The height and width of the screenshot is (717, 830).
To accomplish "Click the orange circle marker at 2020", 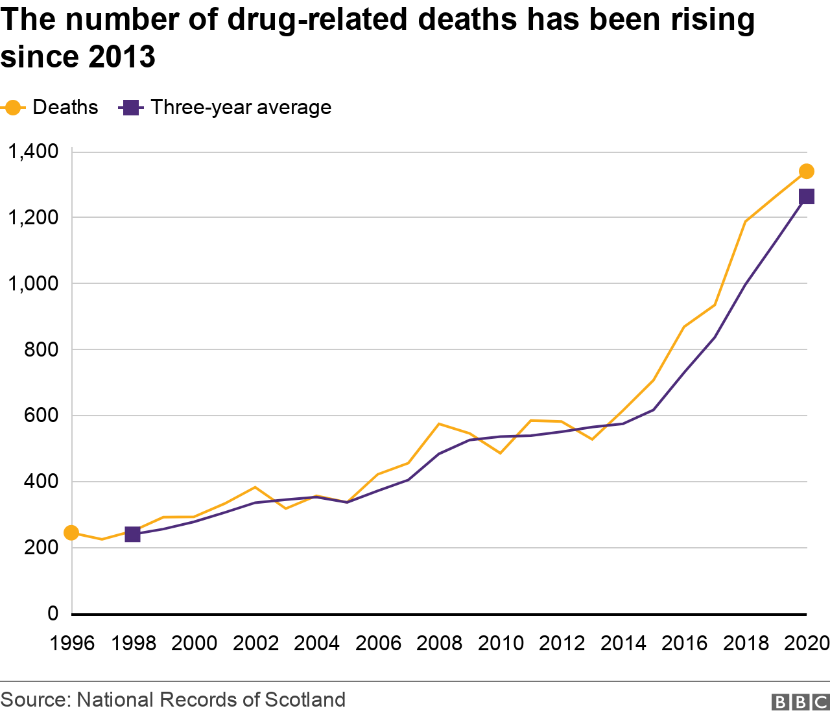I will click(x=807, y=171).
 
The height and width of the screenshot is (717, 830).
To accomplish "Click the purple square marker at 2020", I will click(x=807, y=196).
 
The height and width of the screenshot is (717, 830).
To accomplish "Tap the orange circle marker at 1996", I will click(x=71, y=533).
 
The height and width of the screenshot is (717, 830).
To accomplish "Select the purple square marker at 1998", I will click(x=132, y=534).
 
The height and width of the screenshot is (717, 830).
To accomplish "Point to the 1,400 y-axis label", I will click(x=32, y=152).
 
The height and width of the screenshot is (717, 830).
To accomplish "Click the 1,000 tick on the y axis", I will click(x=32, y=283).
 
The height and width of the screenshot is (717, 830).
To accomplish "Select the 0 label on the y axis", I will click(x=53, y=613).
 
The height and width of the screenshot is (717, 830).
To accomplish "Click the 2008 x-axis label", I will click(x=439, y=643).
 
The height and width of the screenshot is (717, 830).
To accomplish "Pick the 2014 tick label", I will click(x=623, y=643).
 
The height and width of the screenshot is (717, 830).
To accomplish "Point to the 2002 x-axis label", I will click(x=255, y=643).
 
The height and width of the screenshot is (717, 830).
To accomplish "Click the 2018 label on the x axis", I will click(x=746, y=643).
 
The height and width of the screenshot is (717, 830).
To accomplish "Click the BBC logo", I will click(x=800, y=702).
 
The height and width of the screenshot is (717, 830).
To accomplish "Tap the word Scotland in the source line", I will click(x=305, y=699).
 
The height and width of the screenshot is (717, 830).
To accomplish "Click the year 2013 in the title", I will click(x=122, y=57).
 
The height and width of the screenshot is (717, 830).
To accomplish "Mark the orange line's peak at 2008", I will click(x=439, y=424).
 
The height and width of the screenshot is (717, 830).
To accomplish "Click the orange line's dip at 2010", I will click(x=500, y=453).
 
